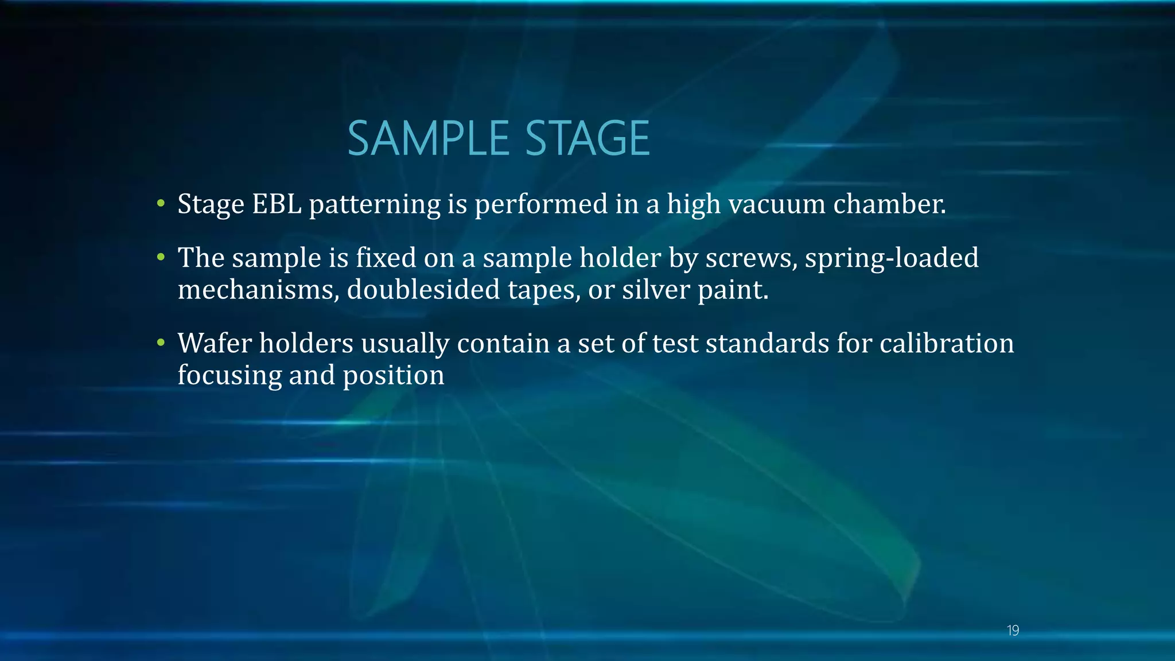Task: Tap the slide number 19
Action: pyautogui.click(x=1013, y=631)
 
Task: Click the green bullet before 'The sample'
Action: pyautogui.click(x=161, y=257)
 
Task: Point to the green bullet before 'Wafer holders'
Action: pyautogui.click(x=161, y=343)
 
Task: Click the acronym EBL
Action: pyautogui.click(x=277, y=204)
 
